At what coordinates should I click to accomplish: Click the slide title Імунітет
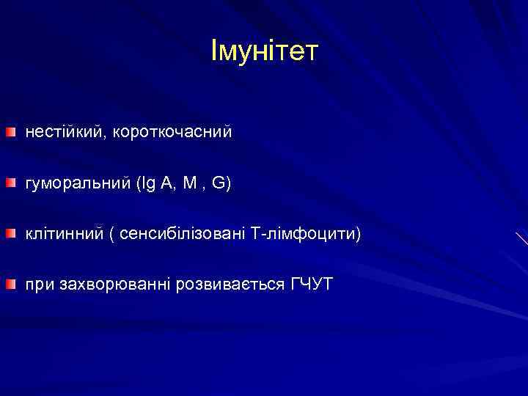pyautogui.click(x=264, y=51)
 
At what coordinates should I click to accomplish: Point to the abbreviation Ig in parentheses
pyautogui.click(x=145, y=184)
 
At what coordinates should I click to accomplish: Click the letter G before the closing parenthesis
pyautogui.click(x=218, y=183)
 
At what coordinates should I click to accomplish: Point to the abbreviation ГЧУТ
pyautogui.click(x=311, y=284)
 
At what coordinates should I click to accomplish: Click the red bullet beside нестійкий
pyautogui.click(x=10, y=133)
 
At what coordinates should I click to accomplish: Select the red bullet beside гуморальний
pyautogui.click(x=10, y=183)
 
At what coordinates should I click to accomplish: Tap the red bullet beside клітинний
pyautogui.click(x=10, y=233)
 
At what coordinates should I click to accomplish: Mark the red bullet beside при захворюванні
pyautogui.click(x=10, y=283)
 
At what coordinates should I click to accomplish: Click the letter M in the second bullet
pyautogui.click(x=189, y=183)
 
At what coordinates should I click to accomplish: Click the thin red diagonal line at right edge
pyautogui.click(x=521, y=238)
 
